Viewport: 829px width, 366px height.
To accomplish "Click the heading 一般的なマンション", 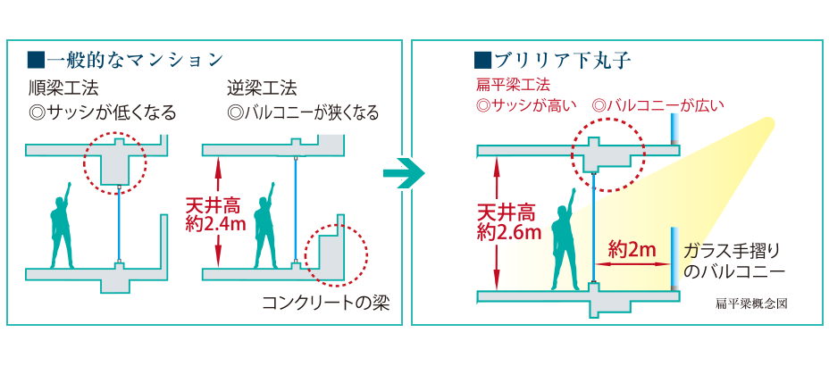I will pyautogui.click(x=126, y=61).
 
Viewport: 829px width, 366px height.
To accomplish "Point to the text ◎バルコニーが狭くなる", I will pyautogui.click(x=304, y=113).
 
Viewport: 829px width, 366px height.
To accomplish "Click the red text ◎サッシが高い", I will pyautogui.click(x=528, y=106).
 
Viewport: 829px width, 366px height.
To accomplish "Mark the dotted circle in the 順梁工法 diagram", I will pyautogui.click(x=113, y=160).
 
